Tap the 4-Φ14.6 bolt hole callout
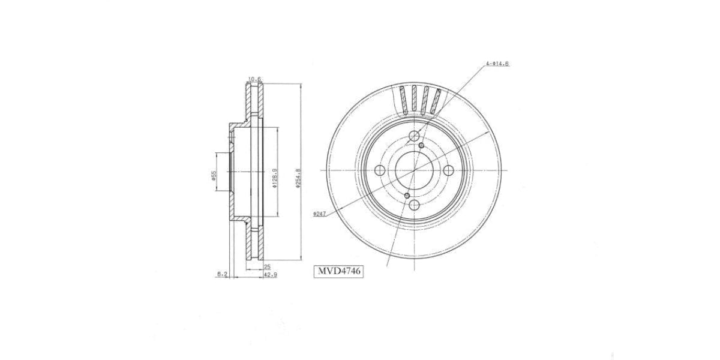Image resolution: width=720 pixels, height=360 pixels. pos(497,64)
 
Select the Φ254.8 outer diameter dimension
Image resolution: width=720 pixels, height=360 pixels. pos(298,178)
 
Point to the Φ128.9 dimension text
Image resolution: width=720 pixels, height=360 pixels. pos(274,178)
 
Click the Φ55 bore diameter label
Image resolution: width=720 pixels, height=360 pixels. pos(213,175)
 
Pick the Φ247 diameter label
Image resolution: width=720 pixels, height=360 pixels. pos(319,214)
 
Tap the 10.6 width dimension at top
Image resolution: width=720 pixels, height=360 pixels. pos(254,79)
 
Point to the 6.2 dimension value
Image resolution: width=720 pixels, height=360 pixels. pos(222,274)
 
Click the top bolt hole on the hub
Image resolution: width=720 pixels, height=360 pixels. pos(414,136)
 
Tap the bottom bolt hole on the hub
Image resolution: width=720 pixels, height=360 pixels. pos(414,206)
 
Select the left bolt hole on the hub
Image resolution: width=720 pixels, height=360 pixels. pos(379,171)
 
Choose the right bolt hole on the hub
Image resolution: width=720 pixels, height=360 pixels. pos(449,171)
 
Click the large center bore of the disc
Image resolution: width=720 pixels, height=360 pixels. pos(414,171)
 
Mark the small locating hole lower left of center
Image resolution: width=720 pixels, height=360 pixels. pos(407,196)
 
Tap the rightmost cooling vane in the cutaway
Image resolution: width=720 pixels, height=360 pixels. pos(437,100)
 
